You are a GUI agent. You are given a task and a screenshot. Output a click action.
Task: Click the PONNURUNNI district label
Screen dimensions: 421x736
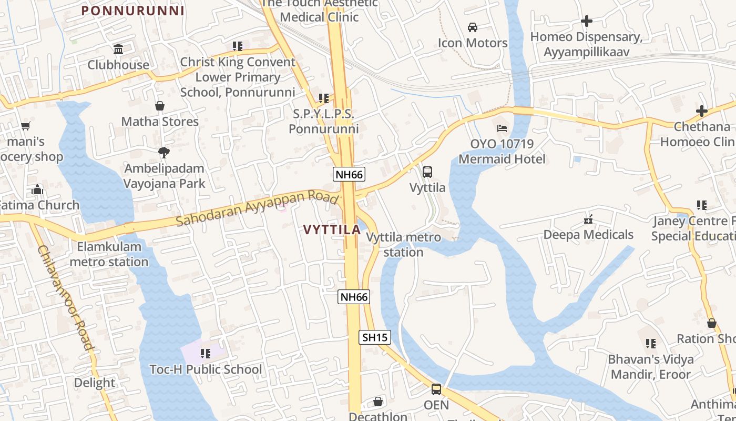pyautogui.click(x=133, y=11)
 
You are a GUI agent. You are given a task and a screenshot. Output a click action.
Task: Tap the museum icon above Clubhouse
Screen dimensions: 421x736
pyautogui.click(x=118, y=49)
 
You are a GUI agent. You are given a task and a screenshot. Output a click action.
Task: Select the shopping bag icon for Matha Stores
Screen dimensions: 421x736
pyautogui.click(x=160, y=106)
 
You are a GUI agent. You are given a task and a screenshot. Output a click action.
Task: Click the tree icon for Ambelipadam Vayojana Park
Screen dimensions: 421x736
pyautogui.click(x=163, y=153)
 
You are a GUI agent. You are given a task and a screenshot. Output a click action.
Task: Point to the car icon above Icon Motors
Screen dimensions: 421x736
pyautogui.click(x=473, y=27)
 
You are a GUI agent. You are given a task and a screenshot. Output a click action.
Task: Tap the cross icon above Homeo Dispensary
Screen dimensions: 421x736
pyautogui.click(x=586, y=21)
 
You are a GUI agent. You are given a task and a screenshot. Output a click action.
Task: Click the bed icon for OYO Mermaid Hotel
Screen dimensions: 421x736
pyautogui.click(x=502, y=128)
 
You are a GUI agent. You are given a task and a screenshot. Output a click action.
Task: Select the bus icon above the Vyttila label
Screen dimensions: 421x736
pyautogui.click(x=427, y=172)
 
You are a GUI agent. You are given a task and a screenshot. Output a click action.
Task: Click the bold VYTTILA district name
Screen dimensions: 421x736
pyautogui.click(x=332, y=229)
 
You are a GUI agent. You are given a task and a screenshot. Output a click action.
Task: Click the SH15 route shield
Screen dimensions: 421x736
pyautogui.click(x=375, y=337)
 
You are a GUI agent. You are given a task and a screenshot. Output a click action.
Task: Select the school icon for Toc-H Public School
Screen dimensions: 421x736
pyautogui.click(x=205, y=354)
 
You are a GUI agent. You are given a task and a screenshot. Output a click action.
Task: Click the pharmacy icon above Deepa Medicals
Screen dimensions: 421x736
pyautogui.click(x=589, y=219)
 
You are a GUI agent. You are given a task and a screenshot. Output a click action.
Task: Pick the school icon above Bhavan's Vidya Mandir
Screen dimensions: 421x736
pyautogui.click(x=651, y=344)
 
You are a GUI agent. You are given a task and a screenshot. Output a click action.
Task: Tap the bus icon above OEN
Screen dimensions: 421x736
pyautogui.click(x=436, y=389)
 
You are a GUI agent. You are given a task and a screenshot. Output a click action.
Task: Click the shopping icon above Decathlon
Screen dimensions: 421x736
pyautogui.click(x=377, y=402)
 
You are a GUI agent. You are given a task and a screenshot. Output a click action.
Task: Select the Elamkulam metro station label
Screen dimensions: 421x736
pyautogui.click(x=109, y=254)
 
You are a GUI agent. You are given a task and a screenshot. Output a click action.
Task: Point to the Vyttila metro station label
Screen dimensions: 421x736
pyautogui.click(x=403, y=245)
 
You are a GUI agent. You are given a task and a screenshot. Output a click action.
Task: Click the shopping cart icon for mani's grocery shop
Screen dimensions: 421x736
pyautogui.click(x=26, y=126)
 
